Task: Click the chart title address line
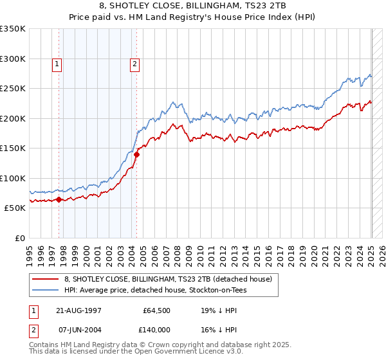[x=192, y=5]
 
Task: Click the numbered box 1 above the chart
[x=57, y=64]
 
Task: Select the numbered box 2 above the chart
[x=134, y=64]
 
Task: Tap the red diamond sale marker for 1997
[x=59, y=199]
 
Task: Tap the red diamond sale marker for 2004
[x=136, y=154]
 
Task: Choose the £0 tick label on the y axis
[x=19, y=238]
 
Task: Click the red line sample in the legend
[x=46, y=280]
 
